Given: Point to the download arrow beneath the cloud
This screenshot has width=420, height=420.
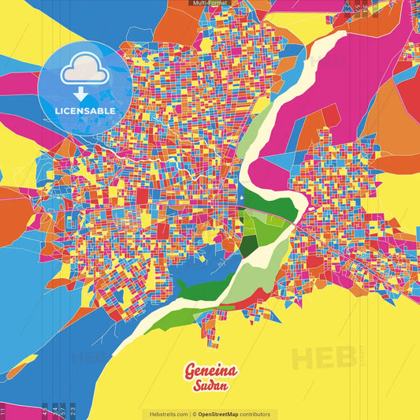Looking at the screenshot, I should [83, 91].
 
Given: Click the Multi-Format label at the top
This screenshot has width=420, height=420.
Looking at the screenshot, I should [210, 3].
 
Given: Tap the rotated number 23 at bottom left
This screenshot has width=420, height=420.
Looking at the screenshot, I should [72, 410].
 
